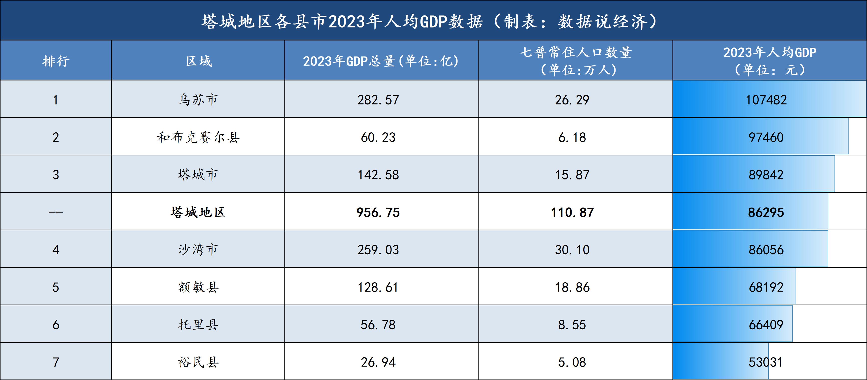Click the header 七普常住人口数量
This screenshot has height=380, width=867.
click(576, 52)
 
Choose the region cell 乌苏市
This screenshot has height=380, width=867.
click(198, 100)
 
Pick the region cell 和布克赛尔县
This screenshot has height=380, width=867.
click(198, 137)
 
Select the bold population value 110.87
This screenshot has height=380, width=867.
click(572, 212)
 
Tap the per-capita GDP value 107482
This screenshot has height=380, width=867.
click(766, 100)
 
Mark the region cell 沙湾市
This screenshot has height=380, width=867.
click(198, 250)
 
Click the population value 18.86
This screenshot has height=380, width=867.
click(572, 287)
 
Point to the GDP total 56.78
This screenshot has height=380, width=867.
click(378, 325)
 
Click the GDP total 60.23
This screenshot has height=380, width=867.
click(378, 137)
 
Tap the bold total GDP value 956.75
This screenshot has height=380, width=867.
click(378, 212)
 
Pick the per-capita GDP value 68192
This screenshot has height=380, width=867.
click(766, 287)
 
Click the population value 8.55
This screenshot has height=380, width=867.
click(572, 325)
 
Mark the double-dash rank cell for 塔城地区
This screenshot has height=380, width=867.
click(56, 212)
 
